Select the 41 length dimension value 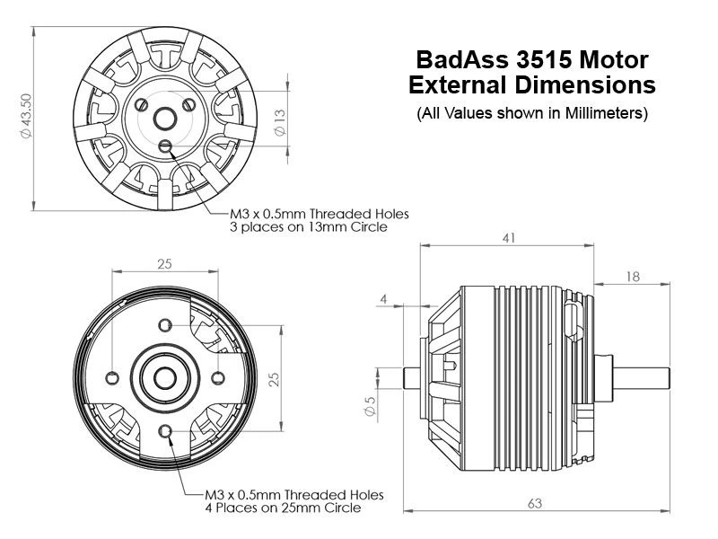click(x=508, y=238)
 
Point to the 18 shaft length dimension click(x=633, y=277)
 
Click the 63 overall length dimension click(x=535, y=504)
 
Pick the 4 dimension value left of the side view click(x=383, y=298)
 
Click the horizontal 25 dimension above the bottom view click(x=164, y=264)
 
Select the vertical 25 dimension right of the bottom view click(x=276, y=377)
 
